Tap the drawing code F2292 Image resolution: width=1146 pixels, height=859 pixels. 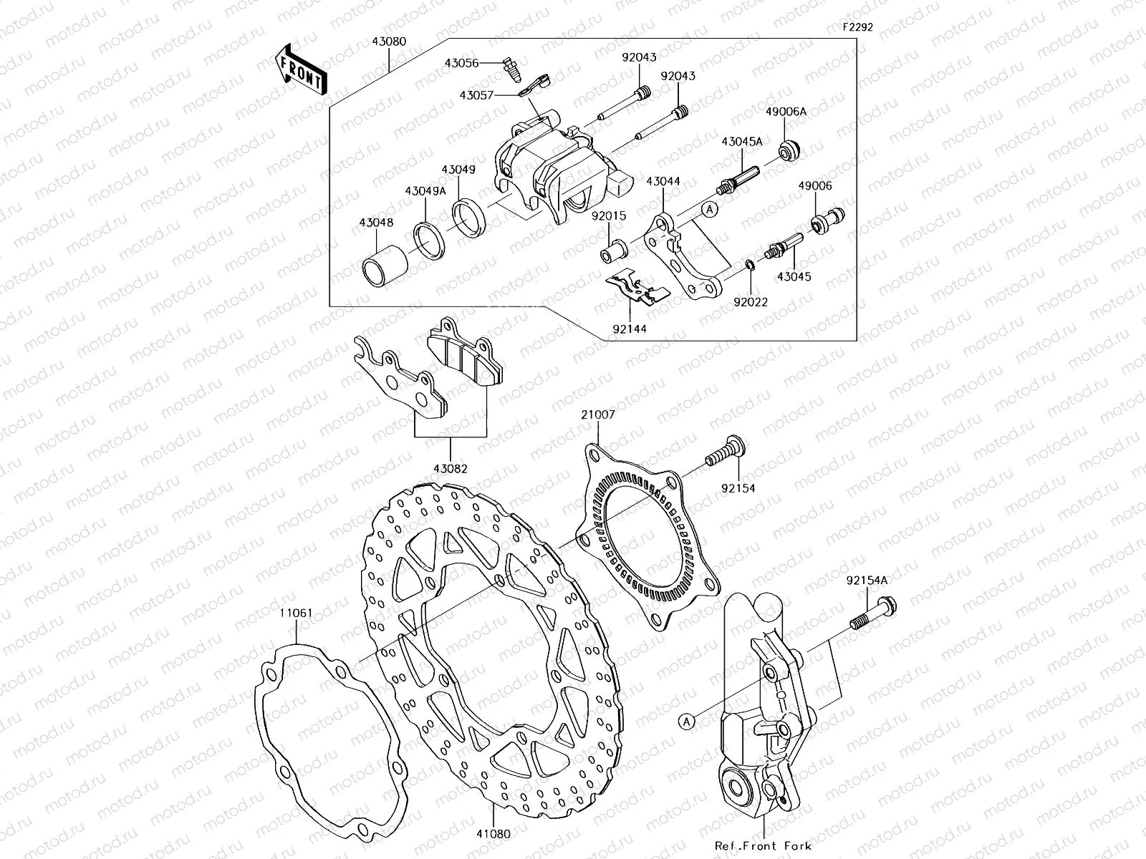857,28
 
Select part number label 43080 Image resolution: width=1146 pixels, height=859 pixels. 388,42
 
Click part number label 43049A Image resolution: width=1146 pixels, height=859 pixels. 425,191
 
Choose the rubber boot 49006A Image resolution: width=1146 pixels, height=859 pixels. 790,151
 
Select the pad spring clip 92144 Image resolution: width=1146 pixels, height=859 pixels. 636,289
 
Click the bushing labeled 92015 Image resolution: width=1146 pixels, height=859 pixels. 615,252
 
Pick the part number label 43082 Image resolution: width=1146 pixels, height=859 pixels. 450,469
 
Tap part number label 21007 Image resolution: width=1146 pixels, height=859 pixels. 598,414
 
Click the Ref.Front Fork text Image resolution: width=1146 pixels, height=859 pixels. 764,845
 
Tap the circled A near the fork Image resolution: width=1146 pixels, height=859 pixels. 686,721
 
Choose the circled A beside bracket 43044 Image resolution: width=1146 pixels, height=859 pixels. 708,209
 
